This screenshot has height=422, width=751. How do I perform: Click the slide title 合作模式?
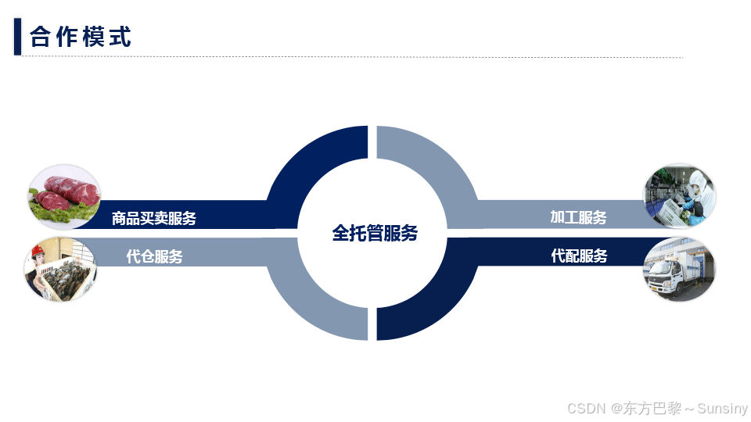(x=81, y=37)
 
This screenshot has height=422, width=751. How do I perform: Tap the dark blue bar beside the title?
(x=17, y=37)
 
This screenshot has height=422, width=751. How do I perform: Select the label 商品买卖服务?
(x=154, y=219)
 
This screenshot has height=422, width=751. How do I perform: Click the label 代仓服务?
(x=154, y=256)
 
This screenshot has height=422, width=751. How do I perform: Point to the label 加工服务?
(x=578, y=217)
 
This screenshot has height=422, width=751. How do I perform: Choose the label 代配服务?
(x=579, y=256)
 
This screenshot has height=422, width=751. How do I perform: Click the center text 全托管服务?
(x=375, y=233)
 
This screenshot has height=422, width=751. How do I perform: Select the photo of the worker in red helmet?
(x=59, y=269)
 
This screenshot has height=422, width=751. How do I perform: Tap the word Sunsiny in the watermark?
(x=722, y=409)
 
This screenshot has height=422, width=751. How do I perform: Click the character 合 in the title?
(x=41, y=37)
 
